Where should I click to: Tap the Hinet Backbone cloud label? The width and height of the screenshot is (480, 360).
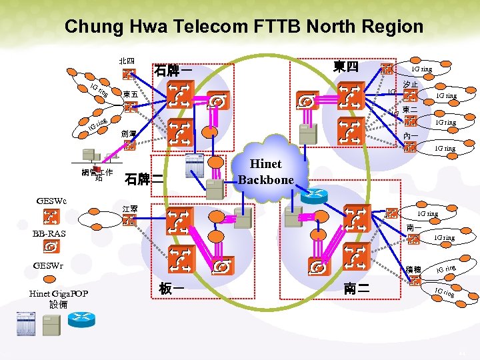[x=265, y=172]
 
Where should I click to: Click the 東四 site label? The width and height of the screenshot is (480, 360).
[x=346, y=67]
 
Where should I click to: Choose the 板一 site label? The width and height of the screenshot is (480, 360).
[x=171, y=289]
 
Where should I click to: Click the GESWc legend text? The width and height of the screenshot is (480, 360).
[x=51, y=200]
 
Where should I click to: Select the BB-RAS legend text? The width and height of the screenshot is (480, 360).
[x=50, y=233]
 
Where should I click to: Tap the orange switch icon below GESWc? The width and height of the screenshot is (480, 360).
[x=51, y=216]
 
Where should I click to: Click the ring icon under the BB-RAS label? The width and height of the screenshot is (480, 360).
[x=51, y=247]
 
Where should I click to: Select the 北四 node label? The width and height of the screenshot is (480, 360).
[x=127, y=61]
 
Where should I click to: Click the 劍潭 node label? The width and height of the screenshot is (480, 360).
[x=129, y=134]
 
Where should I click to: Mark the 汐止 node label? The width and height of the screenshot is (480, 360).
[x=411, y=85]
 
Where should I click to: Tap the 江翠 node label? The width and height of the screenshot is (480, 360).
[x=130, y=209]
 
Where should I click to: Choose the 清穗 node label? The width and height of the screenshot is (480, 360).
[x=414, y=270]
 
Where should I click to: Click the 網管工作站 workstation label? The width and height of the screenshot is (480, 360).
[x=98, y=175]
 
